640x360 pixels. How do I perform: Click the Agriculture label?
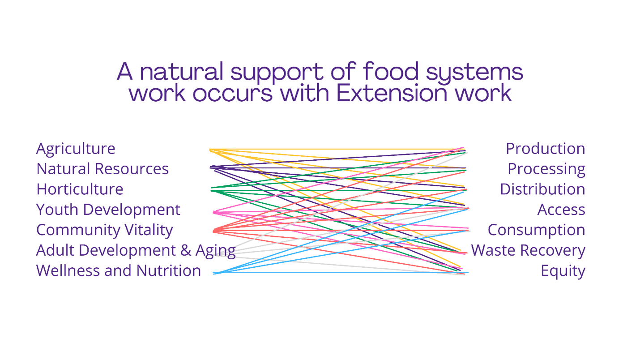click(x=75, y=149)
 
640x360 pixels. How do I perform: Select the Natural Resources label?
click(x=102, y=169)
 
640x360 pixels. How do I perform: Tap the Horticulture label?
click(x=80, y=189)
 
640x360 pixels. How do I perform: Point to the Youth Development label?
click(x=108, y=210)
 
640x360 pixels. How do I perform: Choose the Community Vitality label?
click(x=104, y=230)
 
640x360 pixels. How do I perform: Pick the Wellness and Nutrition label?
click(x=118, y=270)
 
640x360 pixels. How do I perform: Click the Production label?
click(x=545, y=149)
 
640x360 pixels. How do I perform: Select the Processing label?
click(x=546, y=169)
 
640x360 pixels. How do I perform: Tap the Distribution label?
click(x=542, y=189)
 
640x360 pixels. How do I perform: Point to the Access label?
click(x=561, y=210)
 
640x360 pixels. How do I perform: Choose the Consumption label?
click(x=536, y=230)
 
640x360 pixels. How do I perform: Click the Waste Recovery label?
click(x=528, y=250)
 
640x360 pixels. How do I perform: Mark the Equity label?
click(x=563, y=271)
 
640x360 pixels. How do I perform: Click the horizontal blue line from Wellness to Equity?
click(x=340, y=272)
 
